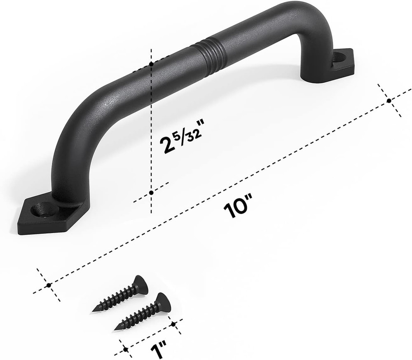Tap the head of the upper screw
point(140,284)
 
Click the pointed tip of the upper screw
point(94,310)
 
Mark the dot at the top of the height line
point(152,64)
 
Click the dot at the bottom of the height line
point(152,193)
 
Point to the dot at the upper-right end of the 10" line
point(389,100)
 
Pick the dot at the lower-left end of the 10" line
point(49,285)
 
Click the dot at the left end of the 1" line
point(125,349)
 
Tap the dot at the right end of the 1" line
point(174,324)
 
